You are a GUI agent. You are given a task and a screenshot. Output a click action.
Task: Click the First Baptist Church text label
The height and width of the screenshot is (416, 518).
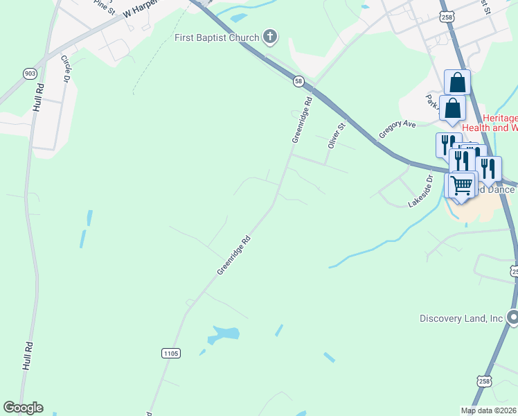pyautogui.click(x=216, y=37)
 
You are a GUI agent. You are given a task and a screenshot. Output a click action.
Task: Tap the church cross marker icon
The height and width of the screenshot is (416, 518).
pyautogui.click(x=270, y=37)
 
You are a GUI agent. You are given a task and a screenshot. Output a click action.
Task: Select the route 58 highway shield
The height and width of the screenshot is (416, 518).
pyautogui.click(x=298, y=81)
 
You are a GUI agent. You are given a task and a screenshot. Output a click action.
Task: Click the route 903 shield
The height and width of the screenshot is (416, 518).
pyautogui.click(x=29, y=73)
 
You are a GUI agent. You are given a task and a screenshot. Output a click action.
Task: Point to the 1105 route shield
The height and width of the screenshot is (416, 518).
pyautogui.click(x=171, y=353)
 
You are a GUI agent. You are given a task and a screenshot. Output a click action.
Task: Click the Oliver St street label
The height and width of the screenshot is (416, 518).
pyautogui.click(x=336, y=136)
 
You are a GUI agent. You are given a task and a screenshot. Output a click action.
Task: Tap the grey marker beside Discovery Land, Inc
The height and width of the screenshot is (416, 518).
pyautogui.click(x=512, y=318)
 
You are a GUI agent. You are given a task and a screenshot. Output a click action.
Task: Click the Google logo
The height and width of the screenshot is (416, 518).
pyautogui.click(x=23, y=408)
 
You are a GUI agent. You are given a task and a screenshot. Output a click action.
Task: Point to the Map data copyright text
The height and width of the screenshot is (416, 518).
pyautogui.click(x=488, y=410)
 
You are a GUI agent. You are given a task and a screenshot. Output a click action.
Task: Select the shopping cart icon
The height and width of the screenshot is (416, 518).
pyautogui.click(x=461, y=185)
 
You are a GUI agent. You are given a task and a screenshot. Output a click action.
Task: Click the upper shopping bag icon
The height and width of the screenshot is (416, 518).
pyautogui.click(x=458, y=83)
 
